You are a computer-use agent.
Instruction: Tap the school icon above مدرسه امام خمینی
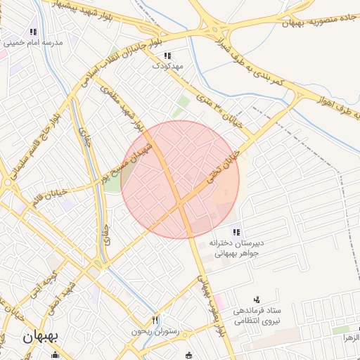pyautogui.click(x=33, y=32)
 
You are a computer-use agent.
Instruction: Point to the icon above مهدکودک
pyautogui.click(x=167, y=56)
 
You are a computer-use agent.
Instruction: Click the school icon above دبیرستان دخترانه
pyautogui.click(x=236, y=231)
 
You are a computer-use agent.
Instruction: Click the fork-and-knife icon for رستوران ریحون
pyautogui.click(x=155, y=320)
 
